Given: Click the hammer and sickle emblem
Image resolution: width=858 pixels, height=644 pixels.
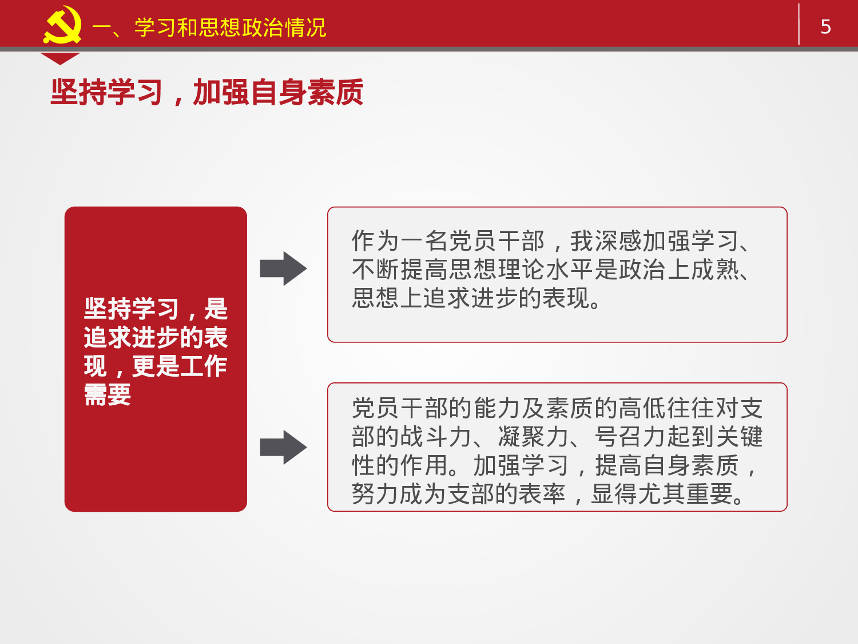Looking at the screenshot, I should coord(62,25).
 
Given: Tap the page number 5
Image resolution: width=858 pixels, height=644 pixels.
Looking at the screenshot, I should coord(825,27).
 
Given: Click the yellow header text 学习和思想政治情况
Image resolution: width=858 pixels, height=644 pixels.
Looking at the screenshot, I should coord(230,27).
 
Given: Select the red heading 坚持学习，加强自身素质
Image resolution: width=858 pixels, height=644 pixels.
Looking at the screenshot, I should coord(207,92).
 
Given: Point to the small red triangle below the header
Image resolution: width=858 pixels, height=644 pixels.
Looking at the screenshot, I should coord(59,58).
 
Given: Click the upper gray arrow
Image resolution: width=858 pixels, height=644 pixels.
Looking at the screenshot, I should coord(283,268).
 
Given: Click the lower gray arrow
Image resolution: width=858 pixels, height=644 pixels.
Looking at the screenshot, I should coord(283,447).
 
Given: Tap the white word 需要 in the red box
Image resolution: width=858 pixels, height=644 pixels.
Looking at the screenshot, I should coord(108,395).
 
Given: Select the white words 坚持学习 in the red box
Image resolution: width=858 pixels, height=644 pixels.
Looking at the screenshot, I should coord(132,309).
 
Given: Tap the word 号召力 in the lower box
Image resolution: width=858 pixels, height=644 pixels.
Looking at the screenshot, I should coord(630,437).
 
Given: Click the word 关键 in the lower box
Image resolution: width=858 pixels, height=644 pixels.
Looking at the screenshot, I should coord(739,437).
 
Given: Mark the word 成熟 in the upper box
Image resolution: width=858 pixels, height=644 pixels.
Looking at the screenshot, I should coord(715,270).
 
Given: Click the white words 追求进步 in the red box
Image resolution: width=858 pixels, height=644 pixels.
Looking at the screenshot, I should coord(132,338).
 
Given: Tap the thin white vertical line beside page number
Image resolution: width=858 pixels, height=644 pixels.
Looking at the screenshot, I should coord(799,24).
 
